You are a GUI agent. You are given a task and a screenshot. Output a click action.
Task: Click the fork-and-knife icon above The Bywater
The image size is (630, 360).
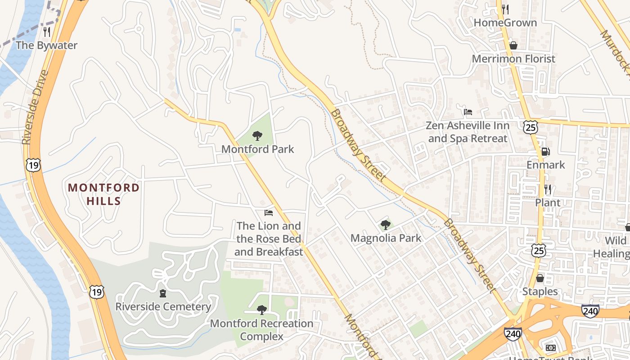coord(46,31)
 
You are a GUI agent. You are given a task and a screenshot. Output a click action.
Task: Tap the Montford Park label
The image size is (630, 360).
coord(257,149)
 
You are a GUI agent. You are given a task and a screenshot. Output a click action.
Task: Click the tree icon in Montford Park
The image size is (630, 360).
coord(257,135)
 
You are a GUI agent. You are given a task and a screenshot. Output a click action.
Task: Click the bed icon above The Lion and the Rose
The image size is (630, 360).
coord(269,212)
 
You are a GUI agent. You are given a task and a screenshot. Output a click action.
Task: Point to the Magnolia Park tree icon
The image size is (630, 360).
coord(385,225)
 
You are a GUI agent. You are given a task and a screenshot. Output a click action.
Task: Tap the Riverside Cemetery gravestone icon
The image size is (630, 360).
coord(162,293)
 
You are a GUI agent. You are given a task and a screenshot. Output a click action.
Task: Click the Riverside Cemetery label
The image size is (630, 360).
coord(163,306)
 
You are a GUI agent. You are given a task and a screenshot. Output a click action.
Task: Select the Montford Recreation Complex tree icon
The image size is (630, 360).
coord(261,310)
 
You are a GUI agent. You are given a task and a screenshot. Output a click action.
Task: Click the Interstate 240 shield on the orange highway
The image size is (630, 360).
coord(590,310)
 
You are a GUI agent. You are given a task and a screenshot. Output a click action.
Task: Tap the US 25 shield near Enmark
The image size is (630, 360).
coord(531,127)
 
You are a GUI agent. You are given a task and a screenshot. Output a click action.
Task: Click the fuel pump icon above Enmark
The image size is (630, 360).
coord(545,152)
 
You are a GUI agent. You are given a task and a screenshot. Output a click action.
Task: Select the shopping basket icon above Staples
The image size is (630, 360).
coord(540,278)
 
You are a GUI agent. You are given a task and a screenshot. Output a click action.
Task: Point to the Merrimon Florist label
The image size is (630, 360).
coord(513,58)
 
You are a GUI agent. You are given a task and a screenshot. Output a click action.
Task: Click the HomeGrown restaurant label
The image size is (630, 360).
coord(505,22)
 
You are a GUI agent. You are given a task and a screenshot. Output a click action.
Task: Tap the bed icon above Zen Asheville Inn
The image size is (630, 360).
coord(468,112)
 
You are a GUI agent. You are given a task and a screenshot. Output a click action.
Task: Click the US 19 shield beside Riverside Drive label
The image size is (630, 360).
coord(33,165)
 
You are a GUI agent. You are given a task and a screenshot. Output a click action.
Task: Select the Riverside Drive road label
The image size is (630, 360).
coord(35,107)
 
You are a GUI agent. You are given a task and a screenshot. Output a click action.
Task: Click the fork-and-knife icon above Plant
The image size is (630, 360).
coord(547,189)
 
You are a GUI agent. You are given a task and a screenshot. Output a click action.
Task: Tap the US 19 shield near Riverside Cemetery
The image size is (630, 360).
coord(96,292)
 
